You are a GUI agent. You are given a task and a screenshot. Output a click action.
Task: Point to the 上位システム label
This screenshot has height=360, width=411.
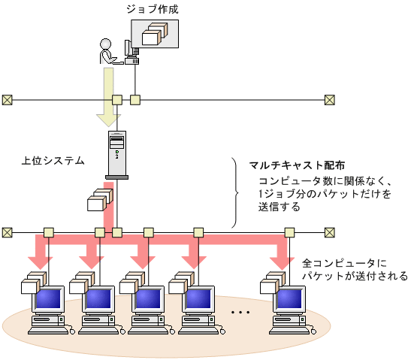[x=53, y=161]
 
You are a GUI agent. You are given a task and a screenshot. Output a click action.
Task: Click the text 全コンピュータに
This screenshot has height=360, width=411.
[x=343, y=264]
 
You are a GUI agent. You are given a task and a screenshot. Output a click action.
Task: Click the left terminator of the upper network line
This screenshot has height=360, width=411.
[x=8, y=99]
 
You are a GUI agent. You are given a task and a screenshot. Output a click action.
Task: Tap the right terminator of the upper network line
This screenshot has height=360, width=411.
[x=329, y=99]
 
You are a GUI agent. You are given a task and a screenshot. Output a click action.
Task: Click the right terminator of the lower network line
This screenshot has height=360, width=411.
[x=329, y=232]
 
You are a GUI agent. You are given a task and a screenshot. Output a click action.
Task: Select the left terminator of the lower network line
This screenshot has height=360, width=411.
[x=8, y=232]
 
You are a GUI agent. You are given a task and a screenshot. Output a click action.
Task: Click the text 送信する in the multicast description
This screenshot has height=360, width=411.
[x=280, y=207]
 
